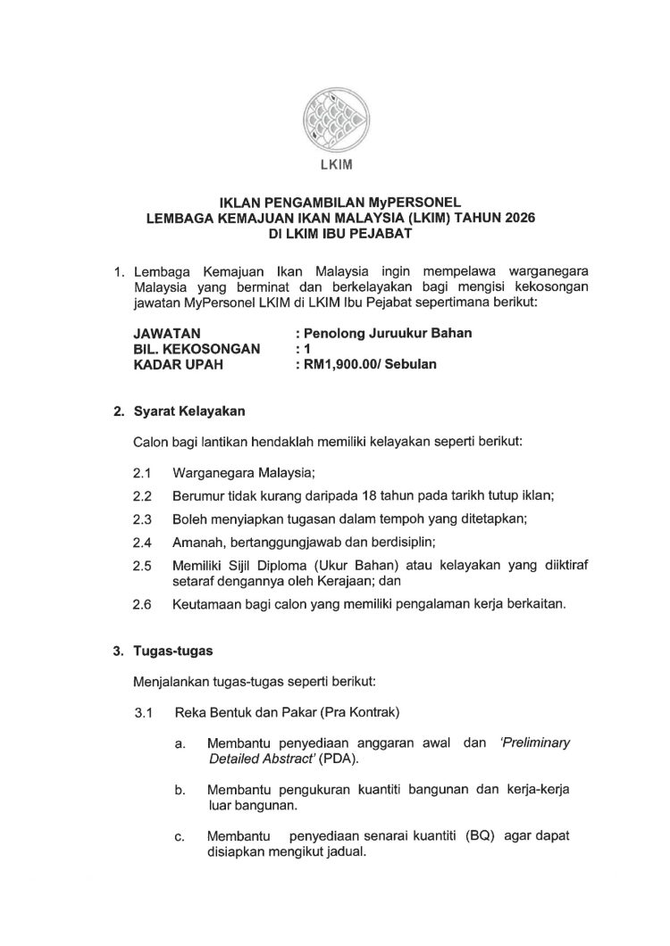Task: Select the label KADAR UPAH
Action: click(175, 364)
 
